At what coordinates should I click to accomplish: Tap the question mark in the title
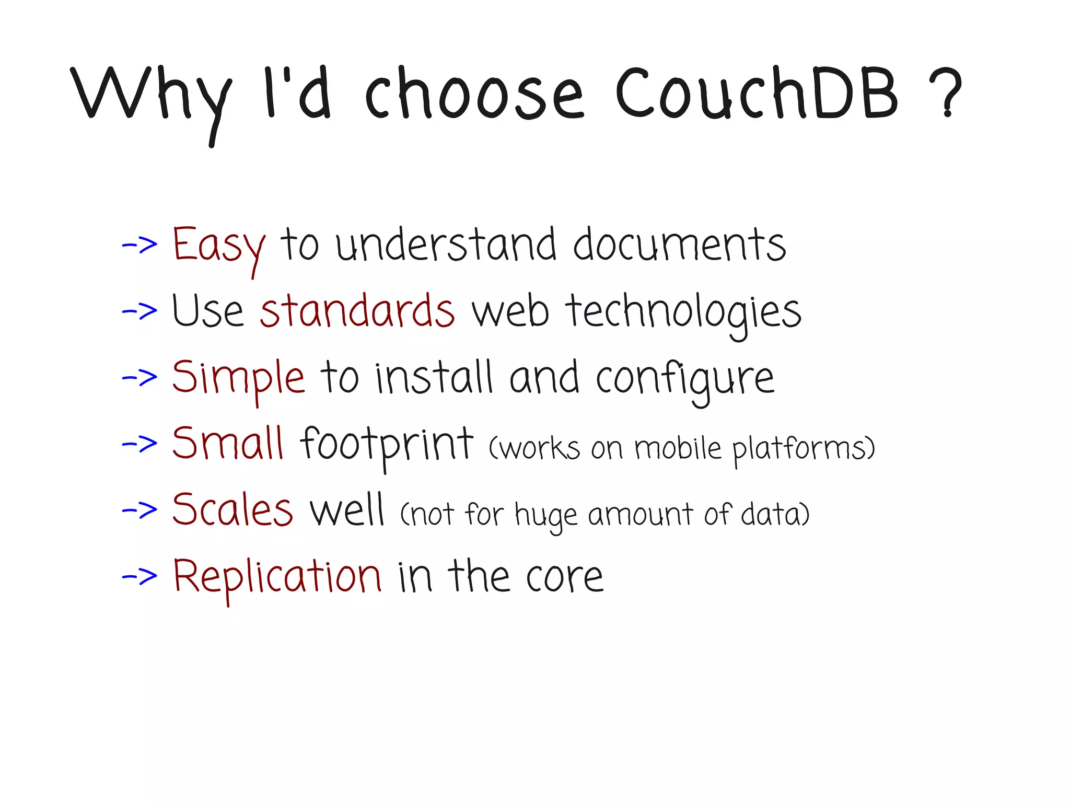[946, 93]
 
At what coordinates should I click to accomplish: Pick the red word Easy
[218, 246]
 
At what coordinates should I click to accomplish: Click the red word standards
[357, 311]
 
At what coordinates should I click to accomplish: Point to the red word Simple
[238, 377]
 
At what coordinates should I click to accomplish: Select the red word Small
[228, 444]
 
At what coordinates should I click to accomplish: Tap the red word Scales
[232, 510]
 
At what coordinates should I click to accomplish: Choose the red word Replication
[277, 576]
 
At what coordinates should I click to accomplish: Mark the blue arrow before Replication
[139, 576]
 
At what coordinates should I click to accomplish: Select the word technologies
[683, 312]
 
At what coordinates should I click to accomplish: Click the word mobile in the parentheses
[678, 448]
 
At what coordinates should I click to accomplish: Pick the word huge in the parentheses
[546, 515]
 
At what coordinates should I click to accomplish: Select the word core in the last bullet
[564, 578]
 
